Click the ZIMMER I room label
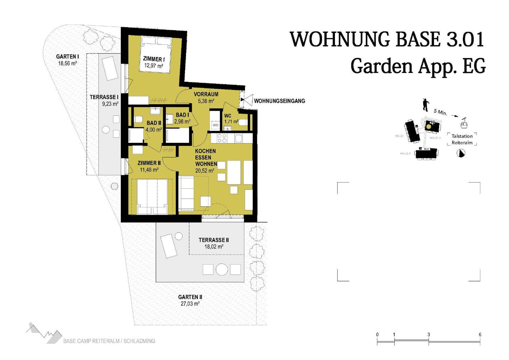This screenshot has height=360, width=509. tap(153, 59)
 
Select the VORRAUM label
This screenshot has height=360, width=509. tap(206, 94)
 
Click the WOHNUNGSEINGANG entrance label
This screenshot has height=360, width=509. tap(279, 101)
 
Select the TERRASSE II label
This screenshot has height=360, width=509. tap(214, 240)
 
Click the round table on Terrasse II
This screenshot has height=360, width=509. tap(222, 270)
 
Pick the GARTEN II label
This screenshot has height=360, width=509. tap(190, 297)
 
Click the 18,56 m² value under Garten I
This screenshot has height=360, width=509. tap(67, 63)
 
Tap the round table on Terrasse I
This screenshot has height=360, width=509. tap(106, 130)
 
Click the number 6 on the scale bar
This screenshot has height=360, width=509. tap(480, 335)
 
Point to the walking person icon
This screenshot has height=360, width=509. tap(425, 105)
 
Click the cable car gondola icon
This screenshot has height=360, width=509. tap(464, 123)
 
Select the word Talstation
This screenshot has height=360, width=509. tap(462, 136)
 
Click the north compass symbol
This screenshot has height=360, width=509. tap(461, 153)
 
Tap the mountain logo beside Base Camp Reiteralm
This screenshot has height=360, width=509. tap(44, 333)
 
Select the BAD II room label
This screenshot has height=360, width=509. tap(154, 123)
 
